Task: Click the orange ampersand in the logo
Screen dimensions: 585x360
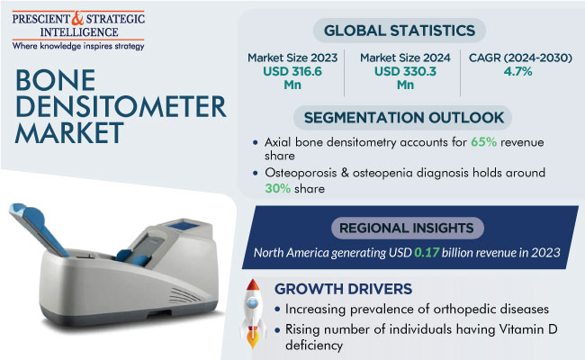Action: point(77,19)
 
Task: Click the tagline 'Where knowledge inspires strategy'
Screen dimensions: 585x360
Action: point(78,46)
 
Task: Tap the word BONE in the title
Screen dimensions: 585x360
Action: point(56,80)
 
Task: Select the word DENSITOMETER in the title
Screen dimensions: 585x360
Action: point(121,107)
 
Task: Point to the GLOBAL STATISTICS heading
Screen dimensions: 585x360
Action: point(400,31)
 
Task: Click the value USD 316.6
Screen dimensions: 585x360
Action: point(292,71)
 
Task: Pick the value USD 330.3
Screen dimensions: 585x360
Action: point(405,71)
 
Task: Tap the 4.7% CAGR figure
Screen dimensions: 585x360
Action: point(518,71)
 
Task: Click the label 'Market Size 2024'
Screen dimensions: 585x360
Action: point(405,58)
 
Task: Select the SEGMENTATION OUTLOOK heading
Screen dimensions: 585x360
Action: point(404,118)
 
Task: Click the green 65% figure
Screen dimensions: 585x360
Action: point(483,142)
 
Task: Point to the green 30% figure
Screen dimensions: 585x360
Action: point(278,188)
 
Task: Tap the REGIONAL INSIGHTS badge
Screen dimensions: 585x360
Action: point(407,228)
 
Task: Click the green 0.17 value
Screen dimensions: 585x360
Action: point(427,253)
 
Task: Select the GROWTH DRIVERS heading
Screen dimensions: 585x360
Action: point(343,289)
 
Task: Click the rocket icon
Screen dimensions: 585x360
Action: point(253,314)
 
